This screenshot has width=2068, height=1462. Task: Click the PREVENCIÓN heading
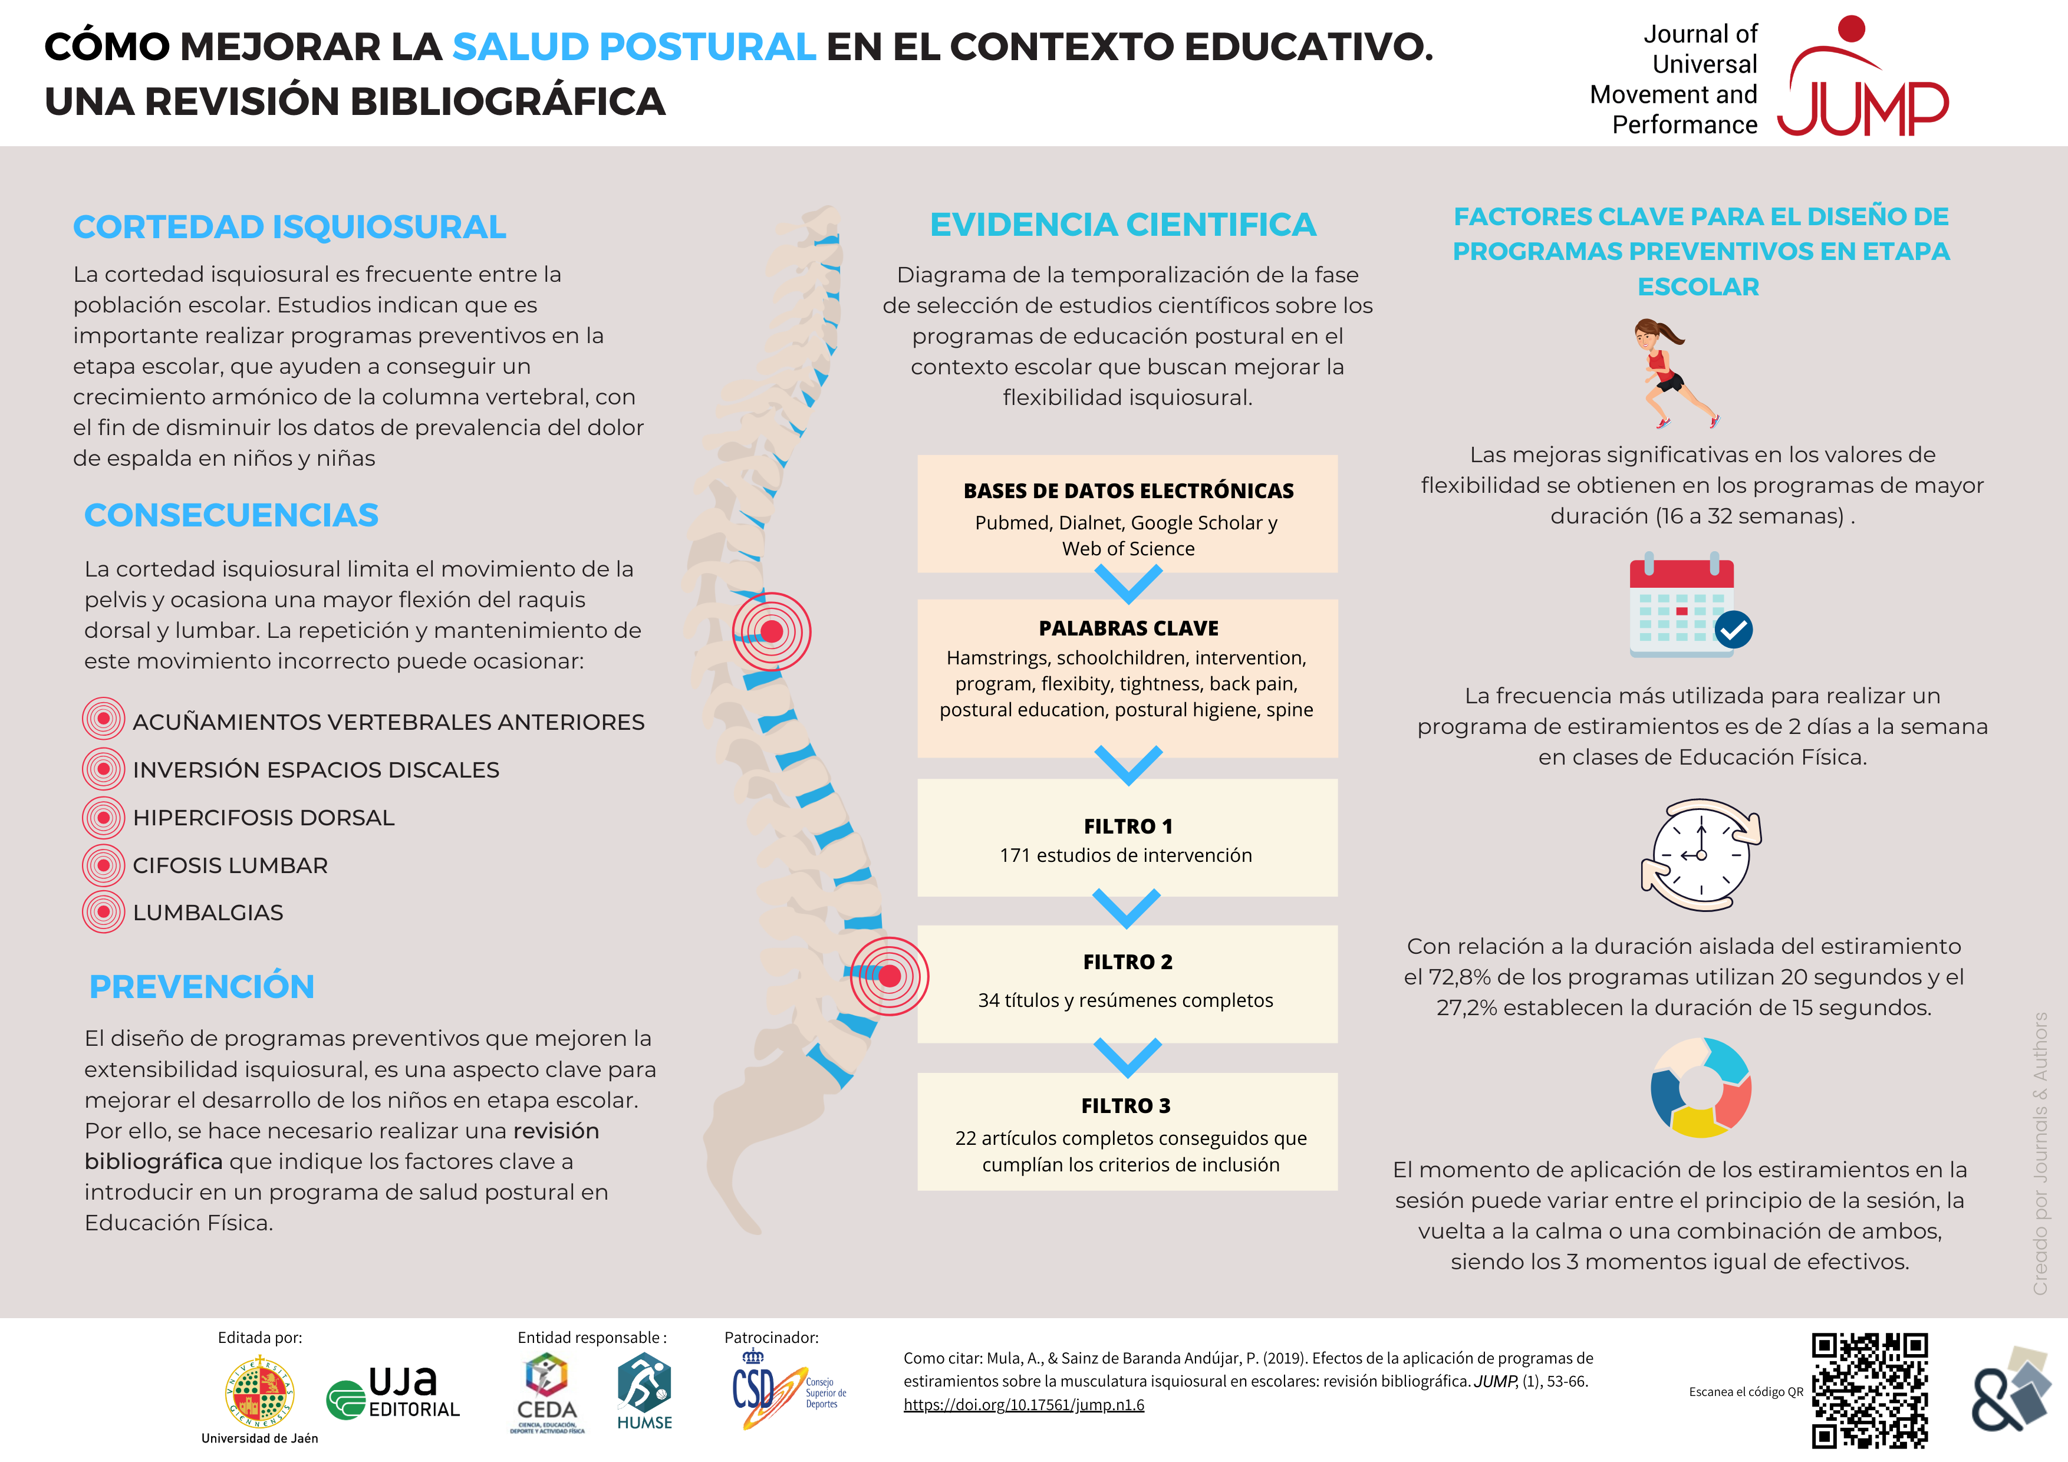tap(202, 986)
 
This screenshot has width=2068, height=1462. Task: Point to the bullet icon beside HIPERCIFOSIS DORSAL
tap(104, 818)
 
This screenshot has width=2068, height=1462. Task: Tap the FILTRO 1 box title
tap(1128, 826)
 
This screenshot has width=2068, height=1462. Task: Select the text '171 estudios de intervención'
tap(1126, 856)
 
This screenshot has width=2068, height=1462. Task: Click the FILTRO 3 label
tap(1126, 1105)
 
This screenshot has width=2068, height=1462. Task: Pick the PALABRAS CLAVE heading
tap(1128, 628)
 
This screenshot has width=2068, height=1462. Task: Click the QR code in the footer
tap(1870, 1390)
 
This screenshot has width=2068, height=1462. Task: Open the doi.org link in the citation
tap(1024, 1405)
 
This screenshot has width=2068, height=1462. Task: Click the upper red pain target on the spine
tap(771, 631)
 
